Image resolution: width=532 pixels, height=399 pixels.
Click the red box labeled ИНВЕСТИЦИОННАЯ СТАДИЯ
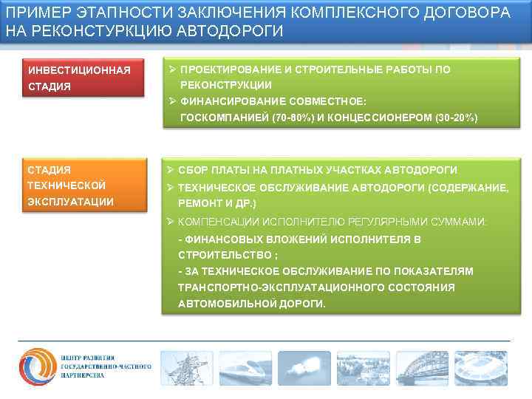pyautogui.click(x=81, y=78)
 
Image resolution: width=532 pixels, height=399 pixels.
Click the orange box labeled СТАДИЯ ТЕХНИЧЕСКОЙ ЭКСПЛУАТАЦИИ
pyautogui.click(x=81, y=185)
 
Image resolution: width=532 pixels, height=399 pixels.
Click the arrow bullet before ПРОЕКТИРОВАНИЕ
pyautogui.click(x=171, y=69)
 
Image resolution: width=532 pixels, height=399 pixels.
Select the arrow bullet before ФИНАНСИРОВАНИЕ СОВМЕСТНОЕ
pyautogui.click(x=171, y=101)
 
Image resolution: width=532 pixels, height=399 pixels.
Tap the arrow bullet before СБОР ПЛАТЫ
pyautogui.click(x=171, y=170)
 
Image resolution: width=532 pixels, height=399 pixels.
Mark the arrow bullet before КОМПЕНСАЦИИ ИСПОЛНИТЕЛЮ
pyautogui.click(x=171, y=221)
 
